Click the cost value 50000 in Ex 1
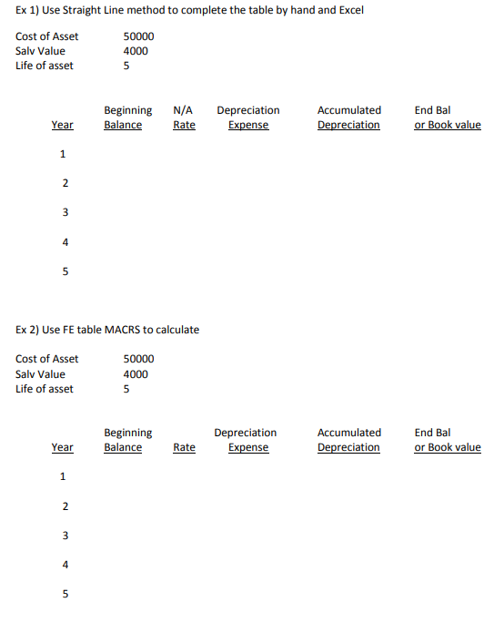pyautogui.click(x=138, y=36)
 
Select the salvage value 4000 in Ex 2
pyautogui.click(x=136, y=374)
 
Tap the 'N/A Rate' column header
pyautogui.click(x=184, y=117)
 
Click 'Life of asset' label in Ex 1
pyautogui.click(x=45, y=66)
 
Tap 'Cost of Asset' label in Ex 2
pyautogui.click(x=46, y=359)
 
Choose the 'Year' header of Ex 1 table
pyautogui.click(x=63, y=125)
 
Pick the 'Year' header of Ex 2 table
pyautogui.click(x=63, y=447)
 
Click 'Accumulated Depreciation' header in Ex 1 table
pyautogui.click(x=348, y=117)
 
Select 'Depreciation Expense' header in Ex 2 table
pyautogui.click(x=246, y=440)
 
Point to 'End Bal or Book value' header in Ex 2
pyautogui.click(x=448, y=440)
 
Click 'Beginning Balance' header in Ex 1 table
pyautogui.click(x=127, y=117)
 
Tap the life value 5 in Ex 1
pyautogui.click(x=126, y=66)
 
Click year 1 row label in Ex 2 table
pyautogui.click(x=63, y=476)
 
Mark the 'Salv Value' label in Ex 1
pyautogui.click(x=40, y=51)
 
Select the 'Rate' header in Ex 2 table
pyautogui.click(x=184, y=447)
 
